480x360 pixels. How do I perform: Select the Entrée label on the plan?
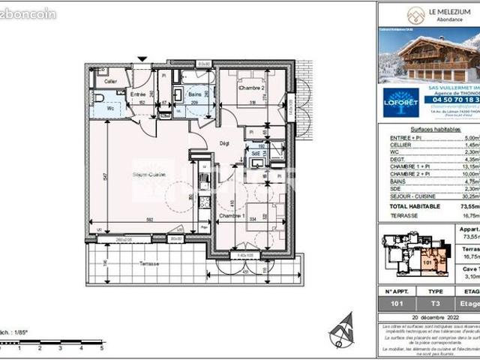pyautogui.click(x=138, y=94)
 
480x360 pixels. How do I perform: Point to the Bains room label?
pyautogui.click(x=195, y=94)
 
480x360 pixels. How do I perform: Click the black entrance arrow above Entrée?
pyautogui.click(x=142, y=58)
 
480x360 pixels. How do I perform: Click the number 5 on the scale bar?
pyautogui.click(x=100, y=348)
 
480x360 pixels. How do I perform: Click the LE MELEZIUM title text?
pyautogui.click(x=448, y=11)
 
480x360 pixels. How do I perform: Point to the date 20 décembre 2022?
pyautogui.click(x=427, y=318)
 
